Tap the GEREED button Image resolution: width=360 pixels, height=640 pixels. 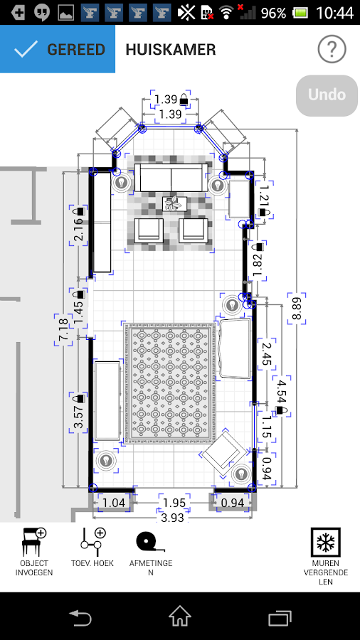click(58, 50)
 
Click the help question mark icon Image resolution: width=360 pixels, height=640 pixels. click(332, 50)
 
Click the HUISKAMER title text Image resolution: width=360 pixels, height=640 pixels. click(171, 50)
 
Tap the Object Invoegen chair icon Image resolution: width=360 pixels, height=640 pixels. click(34, 542)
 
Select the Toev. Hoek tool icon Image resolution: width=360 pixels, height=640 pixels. click(92, 542)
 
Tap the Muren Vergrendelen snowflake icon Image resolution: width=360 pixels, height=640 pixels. click(325, 543)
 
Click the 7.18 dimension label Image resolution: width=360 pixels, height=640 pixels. click(63, 331)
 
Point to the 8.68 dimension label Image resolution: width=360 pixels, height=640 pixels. click(296, 308)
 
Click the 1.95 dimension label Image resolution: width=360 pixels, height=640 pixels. click(174, 503)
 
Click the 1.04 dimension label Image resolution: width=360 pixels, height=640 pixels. click(114, 503)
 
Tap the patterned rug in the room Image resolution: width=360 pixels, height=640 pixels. click(169, 383)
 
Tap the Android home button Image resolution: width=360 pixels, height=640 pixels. click(180, 616)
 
